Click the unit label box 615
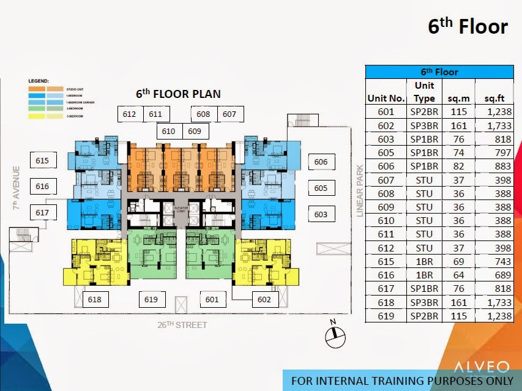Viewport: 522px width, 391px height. (x=42, y=161)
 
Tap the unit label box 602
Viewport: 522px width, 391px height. (x=264, y=299)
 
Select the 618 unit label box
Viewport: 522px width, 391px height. (x=95, y=299)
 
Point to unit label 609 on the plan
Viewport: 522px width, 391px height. (x=195, y=131)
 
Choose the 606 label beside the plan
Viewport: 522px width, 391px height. (x=321, y=162)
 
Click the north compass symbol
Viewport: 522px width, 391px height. (x=334, y=334)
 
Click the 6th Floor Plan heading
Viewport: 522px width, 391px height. (x=178, y=94)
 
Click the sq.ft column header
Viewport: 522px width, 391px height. (x=494, y=98)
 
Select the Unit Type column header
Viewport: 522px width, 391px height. (x=424, y=92)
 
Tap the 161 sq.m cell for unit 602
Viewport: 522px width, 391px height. (x=458, y=125)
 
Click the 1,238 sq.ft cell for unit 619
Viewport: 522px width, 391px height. (x=494, y=316)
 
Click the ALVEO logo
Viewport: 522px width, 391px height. (x=481, y=367)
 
